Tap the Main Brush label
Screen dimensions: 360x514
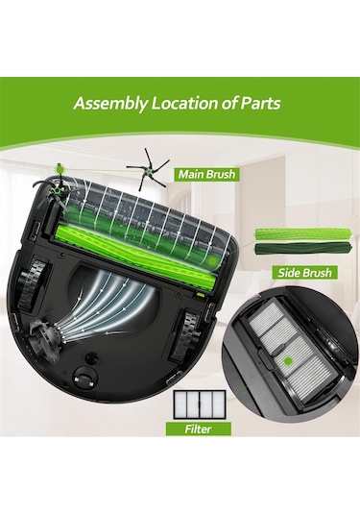click(206, 174)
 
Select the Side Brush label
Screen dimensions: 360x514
click(304, 273)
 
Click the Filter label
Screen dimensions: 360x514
click(198, 428)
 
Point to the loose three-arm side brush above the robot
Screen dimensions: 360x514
click(149, 169)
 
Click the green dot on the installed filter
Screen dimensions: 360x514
click(288, 361)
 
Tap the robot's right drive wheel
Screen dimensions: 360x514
click(187, 334)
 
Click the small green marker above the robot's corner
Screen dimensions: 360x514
click(60, 169)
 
